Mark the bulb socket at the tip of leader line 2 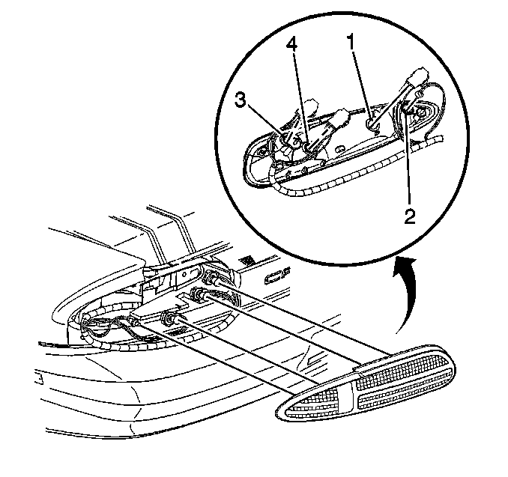click(407, 112)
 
